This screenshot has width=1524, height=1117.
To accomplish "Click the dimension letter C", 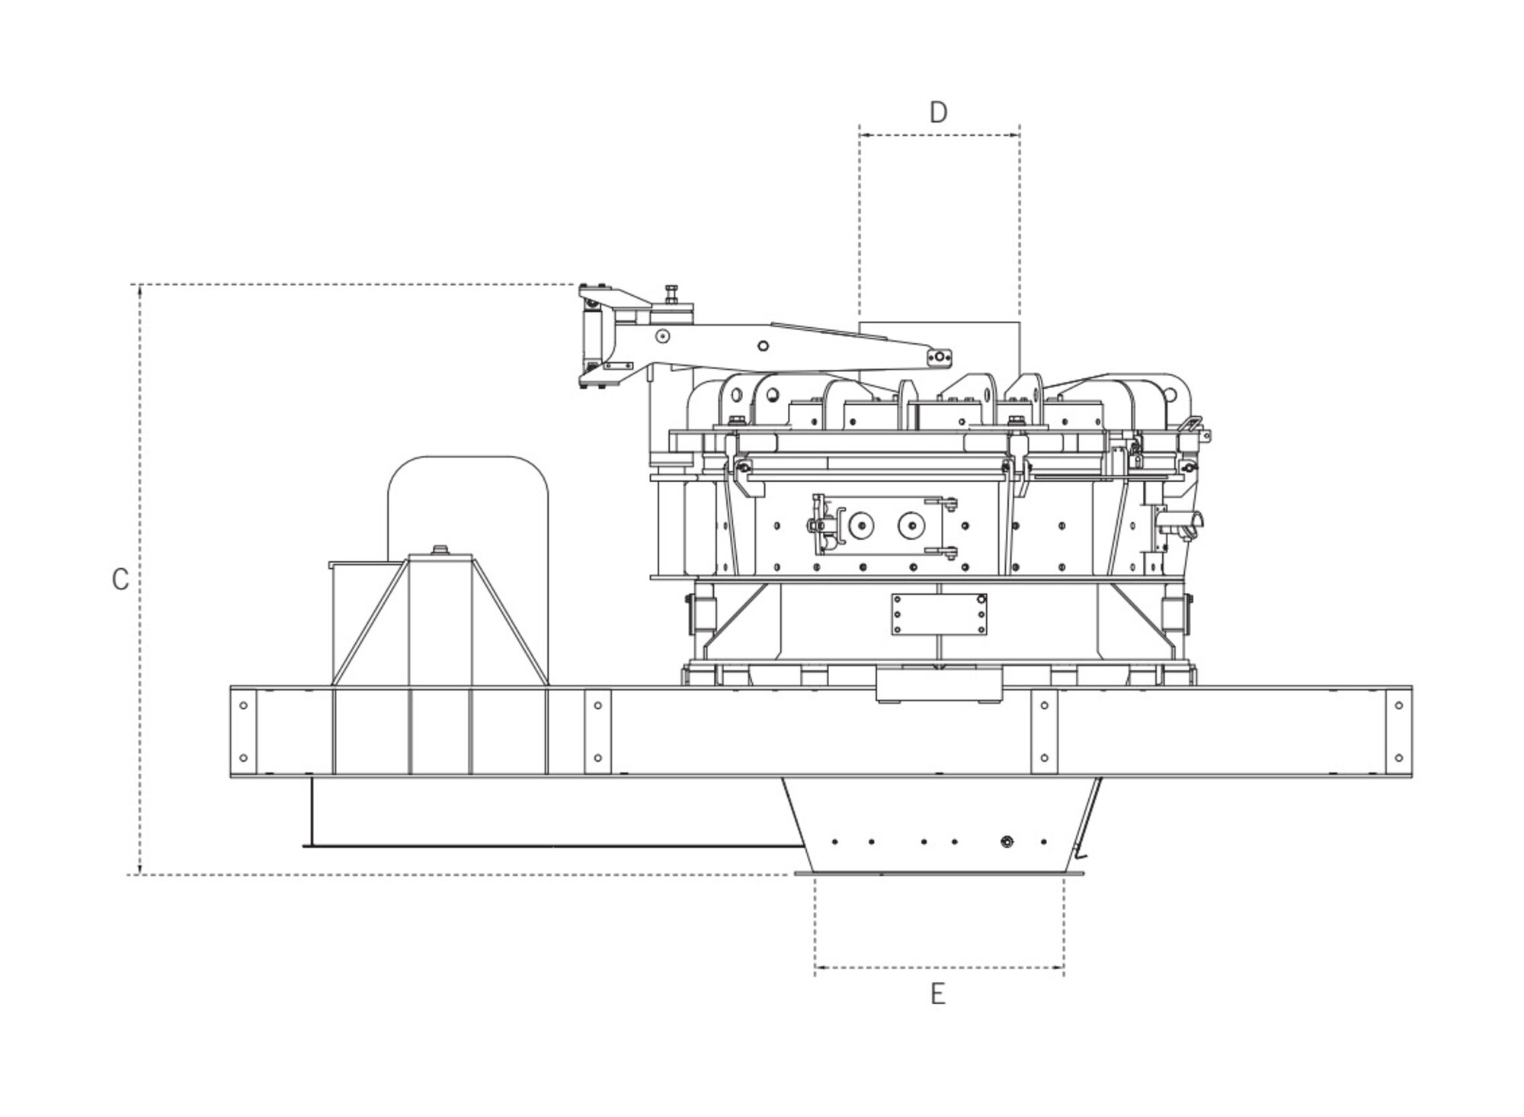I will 120,579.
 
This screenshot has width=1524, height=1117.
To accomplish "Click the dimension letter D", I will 938,113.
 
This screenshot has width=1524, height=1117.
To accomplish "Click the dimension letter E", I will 938,994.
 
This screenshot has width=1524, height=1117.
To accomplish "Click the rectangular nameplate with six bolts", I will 939,614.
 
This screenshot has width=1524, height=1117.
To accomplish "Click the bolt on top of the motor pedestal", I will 440,549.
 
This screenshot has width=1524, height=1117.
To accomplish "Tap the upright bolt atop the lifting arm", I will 671,293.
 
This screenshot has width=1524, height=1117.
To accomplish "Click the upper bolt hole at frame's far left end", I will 243,705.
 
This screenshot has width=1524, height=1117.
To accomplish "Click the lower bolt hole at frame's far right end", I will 1399,758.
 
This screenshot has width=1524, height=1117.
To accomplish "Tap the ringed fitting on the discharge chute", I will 1007,842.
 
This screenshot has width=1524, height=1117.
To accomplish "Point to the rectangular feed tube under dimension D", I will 939,347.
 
